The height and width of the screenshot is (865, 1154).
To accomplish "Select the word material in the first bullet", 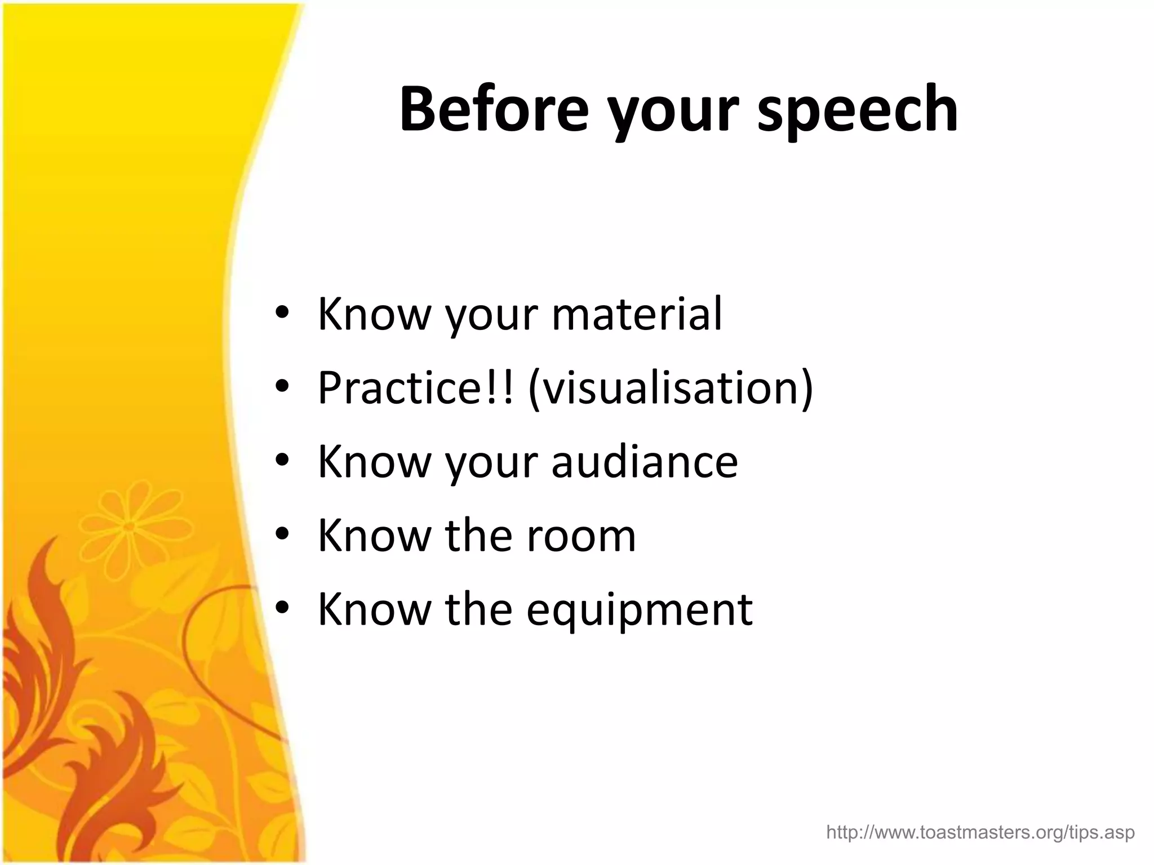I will pyautogui.click(x=637, y=314).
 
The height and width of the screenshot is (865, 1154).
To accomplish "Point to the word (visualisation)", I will pyautogui.click(x=671, y=389).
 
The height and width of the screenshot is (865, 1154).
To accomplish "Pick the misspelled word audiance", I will pyautogui.click(x=644, y=461).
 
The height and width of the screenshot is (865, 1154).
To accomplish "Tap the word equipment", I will pyautogui.click(x=640, y=609).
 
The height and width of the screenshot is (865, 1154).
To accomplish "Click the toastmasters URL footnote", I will pyautogui.click(x=980, y=832).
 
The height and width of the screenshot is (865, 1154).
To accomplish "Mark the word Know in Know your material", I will pyautogui.click(x=374, y=314).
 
